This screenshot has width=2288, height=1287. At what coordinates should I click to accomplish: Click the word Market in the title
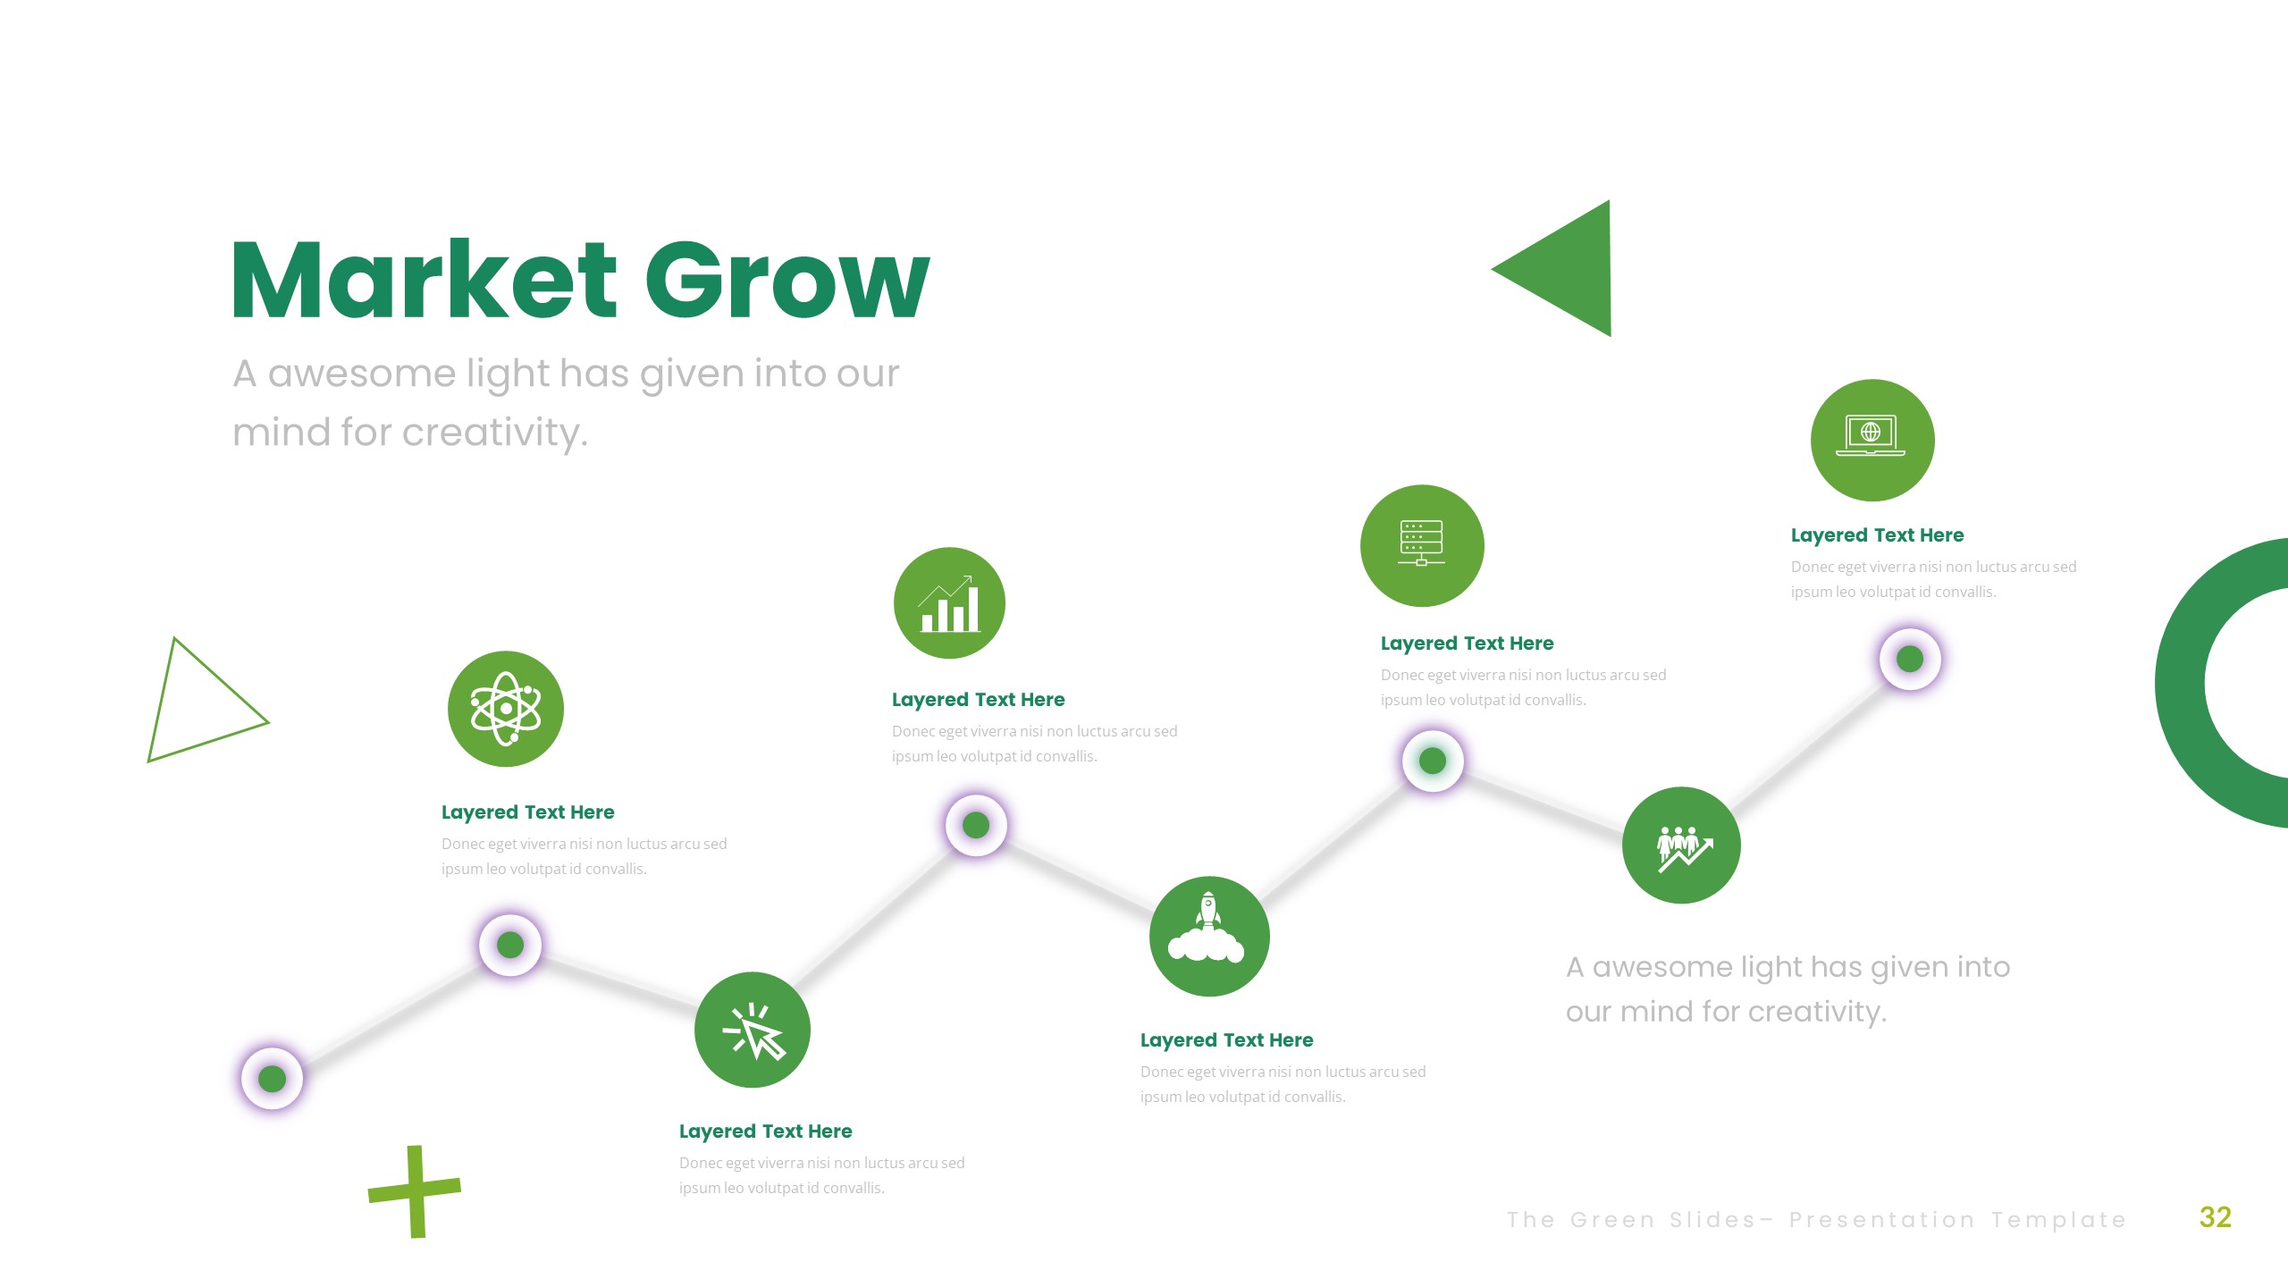coord(424,281)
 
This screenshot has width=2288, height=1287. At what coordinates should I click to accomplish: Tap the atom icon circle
coord(506,709)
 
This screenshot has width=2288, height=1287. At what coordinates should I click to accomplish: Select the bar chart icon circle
coord(949,603)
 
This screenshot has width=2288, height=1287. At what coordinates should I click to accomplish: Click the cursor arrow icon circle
coord(753,1030)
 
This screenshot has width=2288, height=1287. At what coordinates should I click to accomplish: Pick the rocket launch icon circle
coord(1209,936)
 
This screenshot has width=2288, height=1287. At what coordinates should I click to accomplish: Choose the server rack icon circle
coord(1422,545)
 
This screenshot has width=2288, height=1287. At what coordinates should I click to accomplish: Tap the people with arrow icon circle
coord(1681,845)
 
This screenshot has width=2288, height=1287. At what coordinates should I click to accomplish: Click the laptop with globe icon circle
coord(1872,440)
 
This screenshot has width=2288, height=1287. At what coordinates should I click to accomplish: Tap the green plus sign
coord(415,1191)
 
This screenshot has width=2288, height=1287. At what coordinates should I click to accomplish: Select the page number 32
coord(2215,1217)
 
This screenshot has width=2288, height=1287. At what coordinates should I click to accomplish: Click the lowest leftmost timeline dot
coord(273,1079)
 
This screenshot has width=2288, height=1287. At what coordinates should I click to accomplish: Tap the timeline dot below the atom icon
coord(510,945)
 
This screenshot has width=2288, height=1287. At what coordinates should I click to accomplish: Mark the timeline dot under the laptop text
coord(1910,659)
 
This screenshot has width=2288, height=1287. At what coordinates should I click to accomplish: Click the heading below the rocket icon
coord(1226,1040)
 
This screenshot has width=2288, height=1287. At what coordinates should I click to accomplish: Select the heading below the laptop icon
coord(1877,535)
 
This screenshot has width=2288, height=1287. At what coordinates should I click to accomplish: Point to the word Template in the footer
coord(2058,1220)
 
